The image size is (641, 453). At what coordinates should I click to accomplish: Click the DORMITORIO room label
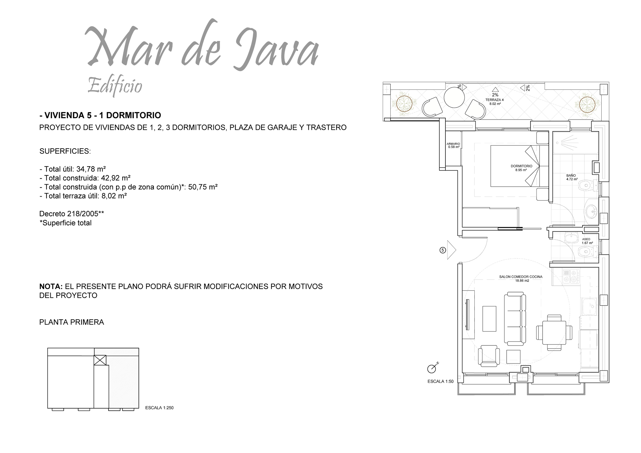coord(521,166)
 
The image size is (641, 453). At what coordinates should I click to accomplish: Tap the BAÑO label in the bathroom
coord(571,175)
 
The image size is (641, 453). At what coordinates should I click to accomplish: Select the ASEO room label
coord(586,239)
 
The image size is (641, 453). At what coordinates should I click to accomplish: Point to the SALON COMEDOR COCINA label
coord(521,277)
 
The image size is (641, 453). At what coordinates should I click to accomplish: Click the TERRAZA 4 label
coord(494,100)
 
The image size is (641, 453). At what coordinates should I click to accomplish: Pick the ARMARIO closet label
coord(453,144)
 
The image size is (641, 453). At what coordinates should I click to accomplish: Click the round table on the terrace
coord(454,97)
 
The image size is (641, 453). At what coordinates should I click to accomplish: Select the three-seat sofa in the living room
coord(515,318)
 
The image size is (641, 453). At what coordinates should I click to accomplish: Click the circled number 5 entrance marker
coord(443,250)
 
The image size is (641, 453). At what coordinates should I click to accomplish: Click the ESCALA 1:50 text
coord(440,381)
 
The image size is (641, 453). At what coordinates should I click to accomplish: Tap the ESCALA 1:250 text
coord(159,408)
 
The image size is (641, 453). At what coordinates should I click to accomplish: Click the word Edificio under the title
coord(115,86)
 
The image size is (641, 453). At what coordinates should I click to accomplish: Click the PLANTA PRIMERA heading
coord(72,322)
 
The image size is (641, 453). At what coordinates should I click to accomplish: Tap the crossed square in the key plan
coord(100,360)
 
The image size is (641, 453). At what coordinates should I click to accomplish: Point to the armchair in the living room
coord(489,356)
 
